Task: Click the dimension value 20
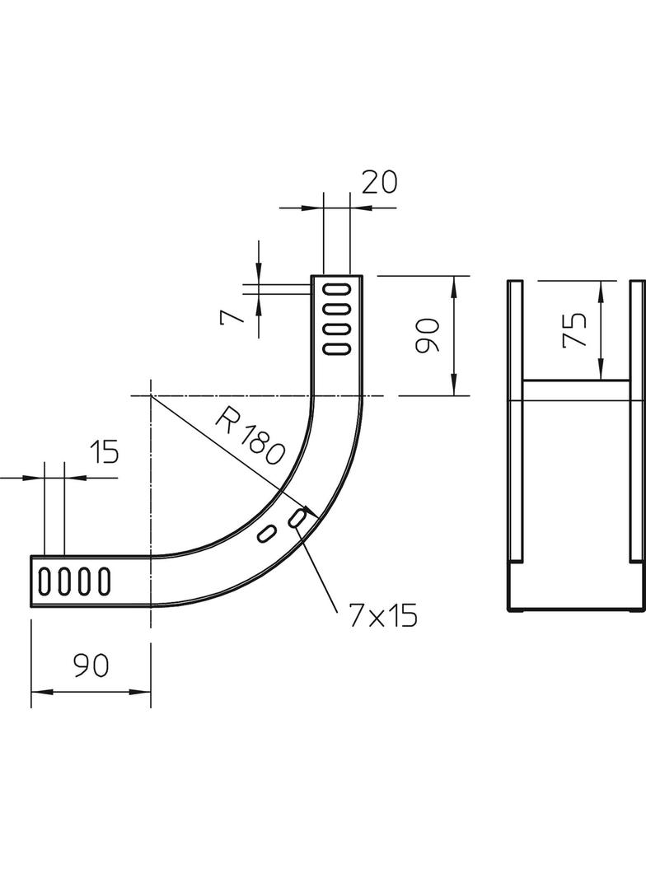379,180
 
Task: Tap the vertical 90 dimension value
428,336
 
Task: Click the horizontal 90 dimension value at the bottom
91,665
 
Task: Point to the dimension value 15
103,451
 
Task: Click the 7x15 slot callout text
382,615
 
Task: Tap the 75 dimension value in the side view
574,329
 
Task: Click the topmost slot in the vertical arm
336,289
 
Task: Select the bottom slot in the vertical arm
336,348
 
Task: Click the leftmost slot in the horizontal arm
44,581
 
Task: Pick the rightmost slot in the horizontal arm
104,581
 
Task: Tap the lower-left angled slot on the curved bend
266,534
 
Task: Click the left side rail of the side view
514,420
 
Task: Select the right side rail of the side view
637,420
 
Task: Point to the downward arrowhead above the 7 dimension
259,272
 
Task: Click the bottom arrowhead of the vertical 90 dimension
454,388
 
